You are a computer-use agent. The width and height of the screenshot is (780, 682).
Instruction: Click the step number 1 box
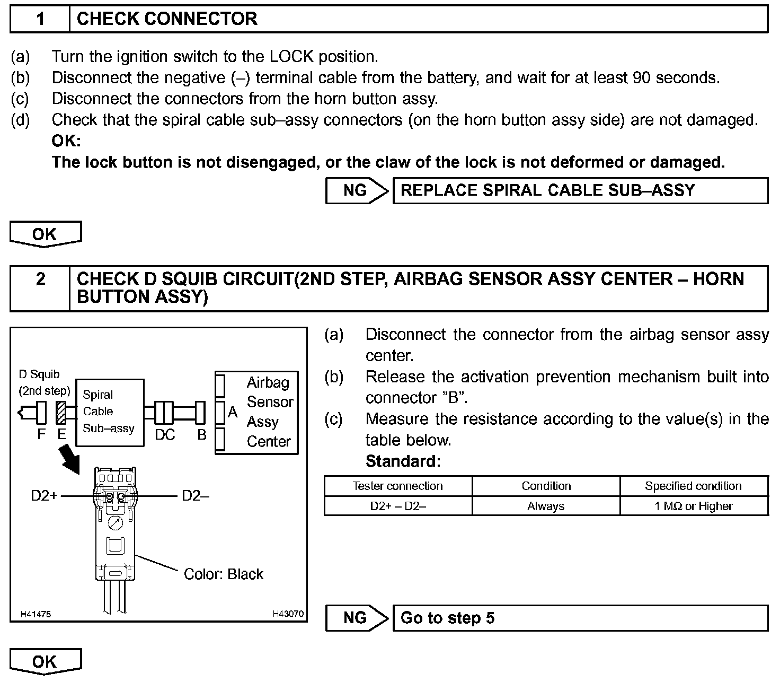40,19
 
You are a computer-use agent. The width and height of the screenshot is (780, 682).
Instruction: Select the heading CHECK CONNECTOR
167,19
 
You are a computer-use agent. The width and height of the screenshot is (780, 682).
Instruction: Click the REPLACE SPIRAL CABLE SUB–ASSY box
580,191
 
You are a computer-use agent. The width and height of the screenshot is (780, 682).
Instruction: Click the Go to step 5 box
580,618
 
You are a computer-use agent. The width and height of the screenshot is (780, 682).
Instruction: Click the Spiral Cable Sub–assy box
109,412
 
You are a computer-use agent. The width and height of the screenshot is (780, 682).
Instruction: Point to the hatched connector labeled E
61,413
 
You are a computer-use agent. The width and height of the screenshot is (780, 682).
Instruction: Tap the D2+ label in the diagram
44,496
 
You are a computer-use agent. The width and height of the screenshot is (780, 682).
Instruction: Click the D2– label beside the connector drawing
195,496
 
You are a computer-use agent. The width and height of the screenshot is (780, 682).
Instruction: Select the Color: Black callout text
223,574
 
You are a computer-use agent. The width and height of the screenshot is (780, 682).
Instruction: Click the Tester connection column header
398,486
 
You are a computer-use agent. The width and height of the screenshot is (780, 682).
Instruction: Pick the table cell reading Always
546,506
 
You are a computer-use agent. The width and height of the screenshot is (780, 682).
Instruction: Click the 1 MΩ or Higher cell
694,506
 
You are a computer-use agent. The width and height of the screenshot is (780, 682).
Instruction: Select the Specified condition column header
694,486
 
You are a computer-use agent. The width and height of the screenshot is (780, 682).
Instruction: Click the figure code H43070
288,614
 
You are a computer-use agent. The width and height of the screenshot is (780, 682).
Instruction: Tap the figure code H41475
36,614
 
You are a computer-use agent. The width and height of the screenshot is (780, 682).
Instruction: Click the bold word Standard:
403,461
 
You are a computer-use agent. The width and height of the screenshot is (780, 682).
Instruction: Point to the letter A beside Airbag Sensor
233,412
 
